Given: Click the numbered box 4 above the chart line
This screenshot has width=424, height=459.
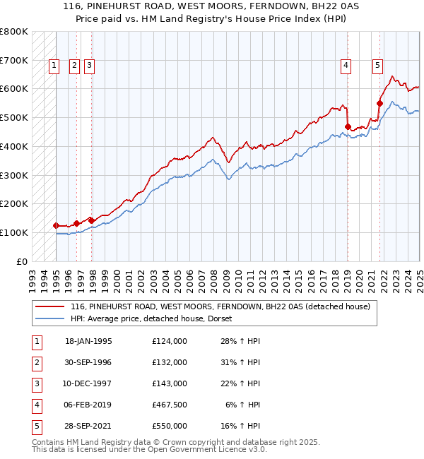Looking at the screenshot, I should (346, 66).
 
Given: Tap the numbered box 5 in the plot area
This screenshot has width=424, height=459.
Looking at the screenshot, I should (378, 66).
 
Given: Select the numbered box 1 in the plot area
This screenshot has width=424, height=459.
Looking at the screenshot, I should (54, 66).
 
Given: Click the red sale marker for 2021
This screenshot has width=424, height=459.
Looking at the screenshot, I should (379, 103).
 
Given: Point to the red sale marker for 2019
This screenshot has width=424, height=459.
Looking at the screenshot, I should (348, 126).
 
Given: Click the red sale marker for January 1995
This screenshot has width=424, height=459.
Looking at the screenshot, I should (56, 225).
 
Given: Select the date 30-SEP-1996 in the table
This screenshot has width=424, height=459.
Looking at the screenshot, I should (88, 362).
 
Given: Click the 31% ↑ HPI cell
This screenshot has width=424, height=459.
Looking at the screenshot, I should (242, 362).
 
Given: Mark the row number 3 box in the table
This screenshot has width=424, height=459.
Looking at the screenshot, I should (36, 383).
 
